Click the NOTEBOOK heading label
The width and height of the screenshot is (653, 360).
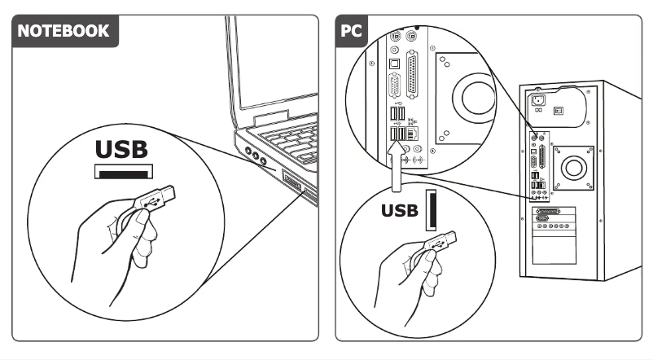point(64,33)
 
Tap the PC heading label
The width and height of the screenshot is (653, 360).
point(353,33)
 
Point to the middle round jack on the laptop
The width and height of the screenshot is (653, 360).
point(254,155)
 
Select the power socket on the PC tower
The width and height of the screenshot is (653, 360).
point(537,102)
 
